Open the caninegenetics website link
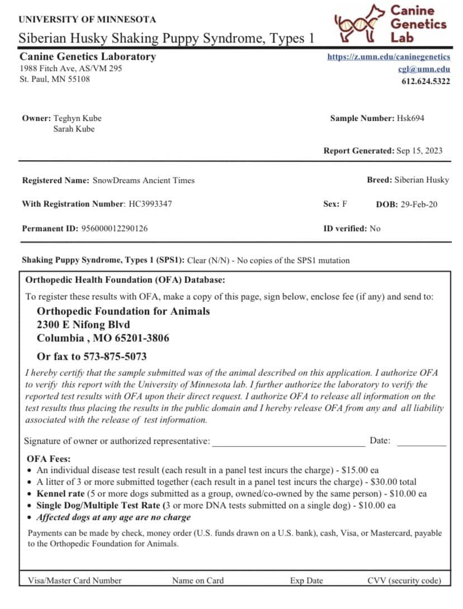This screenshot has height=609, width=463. pyautogui.click(x=389, y=57)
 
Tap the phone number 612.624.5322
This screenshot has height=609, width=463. pyautogui.click(x=426, y=81)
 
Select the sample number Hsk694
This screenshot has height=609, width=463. pyautogui.click(x=414, y=118)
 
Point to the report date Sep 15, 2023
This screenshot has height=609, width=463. pyautogui.click(x=419, y=151)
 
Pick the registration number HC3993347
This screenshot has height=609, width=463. pyautogui.click(x=150, y=204)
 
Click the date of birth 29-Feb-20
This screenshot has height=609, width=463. pyautogui.click(x=419, y=204)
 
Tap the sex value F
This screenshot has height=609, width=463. pyautogui.click(x=344, y=204)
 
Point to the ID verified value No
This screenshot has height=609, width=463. pyautogui.click(x=375, y=228)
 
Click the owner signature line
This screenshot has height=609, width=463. pyautogui.click(x=288, y=442)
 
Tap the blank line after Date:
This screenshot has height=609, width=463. pyautogui.click(x=421, y=442)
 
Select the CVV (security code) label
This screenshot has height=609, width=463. pyautogui.click(x=404, y=580)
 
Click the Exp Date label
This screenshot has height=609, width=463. pyautogui.click(x=306, y=580)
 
